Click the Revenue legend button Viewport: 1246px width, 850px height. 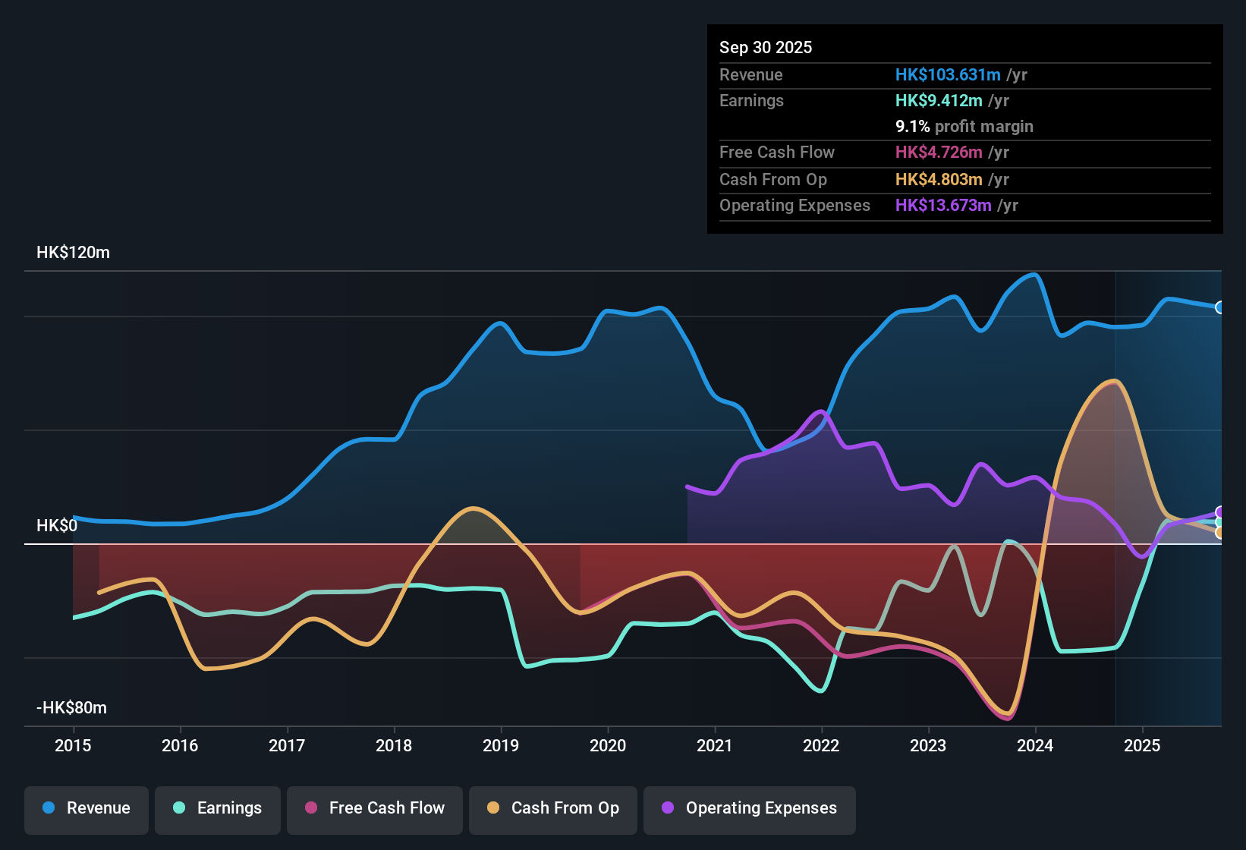(x=87, y=808)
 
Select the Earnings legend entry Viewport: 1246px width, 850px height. (x=217, y=808)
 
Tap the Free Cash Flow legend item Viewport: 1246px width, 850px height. (x=375, y=808)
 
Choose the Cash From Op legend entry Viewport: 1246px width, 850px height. (x=553, y=808)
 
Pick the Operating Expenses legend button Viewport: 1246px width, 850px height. (x=749, y=808)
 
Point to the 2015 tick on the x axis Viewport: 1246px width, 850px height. (x=73, y=745)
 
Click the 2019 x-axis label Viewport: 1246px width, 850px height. (x=501, y=745)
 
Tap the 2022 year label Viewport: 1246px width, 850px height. (x=821, y=745)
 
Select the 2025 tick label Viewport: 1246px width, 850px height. (x=1142, y=745)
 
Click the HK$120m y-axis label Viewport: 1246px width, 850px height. (x=73, y=253)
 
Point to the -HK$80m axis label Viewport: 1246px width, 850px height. (x=71, y=708)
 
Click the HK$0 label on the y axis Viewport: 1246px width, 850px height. (x=57, y=526)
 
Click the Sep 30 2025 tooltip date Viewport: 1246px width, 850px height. (x=765, y=48)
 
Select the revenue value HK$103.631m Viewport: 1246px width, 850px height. (x=947, y=75)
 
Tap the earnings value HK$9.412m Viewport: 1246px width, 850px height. (x=938, y=101)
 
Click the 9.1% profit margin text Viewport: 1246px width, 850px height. (x=964, y=127)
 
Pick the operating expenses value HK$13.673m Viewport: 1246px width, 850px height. (x=942, y=206)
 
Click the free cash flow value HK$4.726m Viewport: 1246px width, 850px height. (x=938, y=153)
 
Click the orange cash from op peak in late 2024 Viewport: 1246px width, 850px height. (x=1113, y=381)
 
